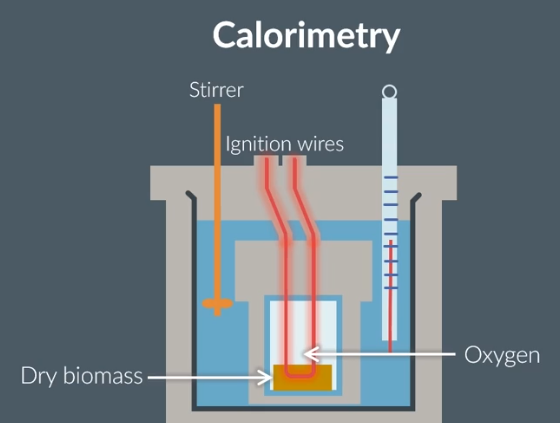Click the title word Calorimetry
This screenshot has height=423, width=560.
coord(306,36)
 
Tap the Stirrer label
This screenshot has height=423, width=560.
coord(216,91)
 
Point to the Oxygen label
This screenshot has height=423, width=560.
coord(502,354)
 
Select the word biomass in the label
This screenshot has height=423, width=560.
coord(102,377)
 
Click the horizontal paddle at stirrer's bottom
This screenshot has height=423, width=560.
coord(216,304)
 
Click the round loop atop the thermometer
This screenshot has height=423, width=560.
coord(389,93)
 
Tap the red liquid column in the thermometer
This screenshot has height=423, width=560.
coord(389,300)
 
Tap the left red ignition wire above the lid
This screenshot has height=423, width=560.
coord(268,180)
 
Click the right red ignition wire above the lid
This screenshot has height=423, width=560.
coord(295,180)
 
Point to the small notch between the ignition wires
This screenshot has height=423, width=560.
coord(282,161)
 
